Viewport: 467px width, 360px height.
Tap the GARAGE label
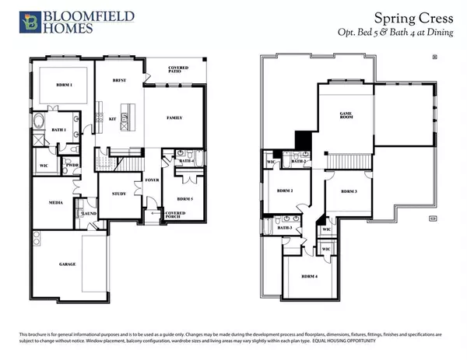pyautogui.click(x=68, y=264)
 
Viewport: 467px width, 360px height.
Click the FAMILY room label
pyautogui.click(x=174, y=117)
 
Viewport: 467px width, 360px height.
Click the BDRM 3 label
pyautogui.click(x=347, y=191)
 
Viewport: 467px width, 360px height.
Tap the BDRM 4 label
pyautogui.click(x=311, y=276)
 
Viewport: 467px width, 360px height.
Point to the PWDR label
pyautogui.click(x=72, y=165)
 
